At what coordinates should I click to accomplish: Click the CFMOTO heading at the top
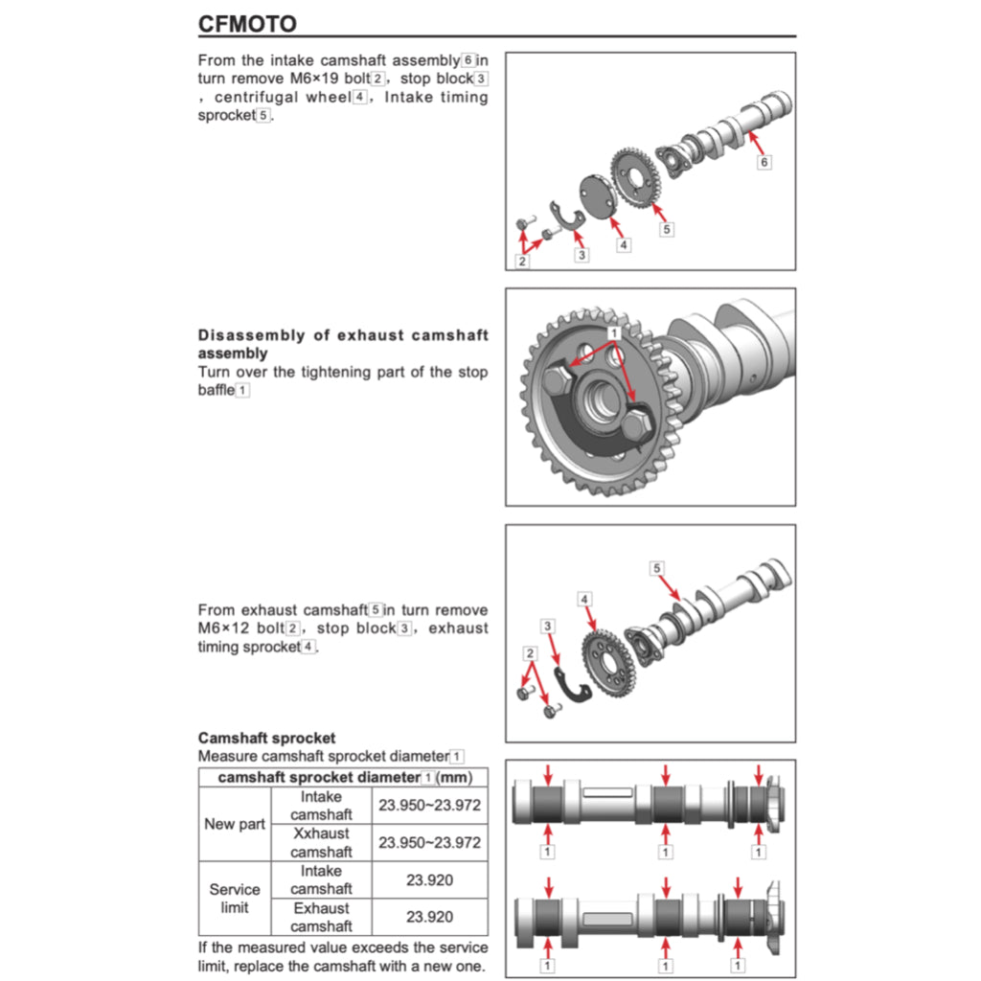pos(247,23)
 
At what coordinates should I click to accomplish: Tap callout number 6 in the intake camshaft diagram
pos(764,162)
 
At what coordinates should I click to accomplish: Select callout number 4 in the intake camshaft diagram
pos(624,245)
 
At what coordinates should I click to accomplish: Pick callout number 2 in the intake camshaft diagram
pos(522,261)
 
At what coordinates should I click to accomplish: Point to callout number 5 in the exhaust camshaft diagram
pos(656,568)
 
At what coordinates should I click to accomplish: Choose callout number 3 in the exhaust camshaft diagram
pos(548,626)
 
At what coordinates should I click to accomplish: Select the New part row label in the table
pos(235,824)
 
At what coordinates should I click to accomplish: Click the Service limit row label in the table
pos(235,898)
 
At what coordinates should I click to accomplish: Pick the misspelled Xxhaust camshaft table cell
pos(321,842)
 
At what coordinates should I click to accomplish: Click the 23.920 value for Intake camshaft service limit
pos(429,879)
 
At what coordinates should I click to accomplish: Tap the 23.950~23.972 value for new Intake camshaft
pos(429,806)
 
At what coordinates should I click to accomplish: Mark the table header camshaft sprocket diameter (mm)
pos(342,777)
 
